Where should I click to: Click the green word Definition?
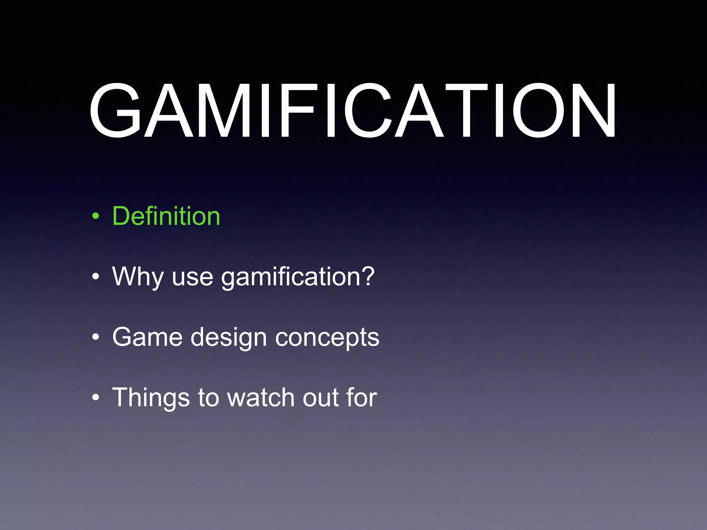coord(166,216)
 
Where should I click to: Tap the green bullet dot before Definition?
coord(96,217)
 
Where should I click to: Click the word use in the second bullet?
coord(192,278)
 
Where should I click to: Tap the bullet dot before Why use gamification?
coord(96,277)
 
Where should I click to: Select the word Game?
coord(147,337)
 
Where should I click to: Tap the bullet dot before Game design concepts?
coord(96,337)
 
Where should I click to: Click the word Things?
coord(151,398)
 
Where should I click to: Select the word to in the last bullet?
coord(209,398)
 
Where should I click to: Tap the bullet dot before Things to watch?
coord(96,397)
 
